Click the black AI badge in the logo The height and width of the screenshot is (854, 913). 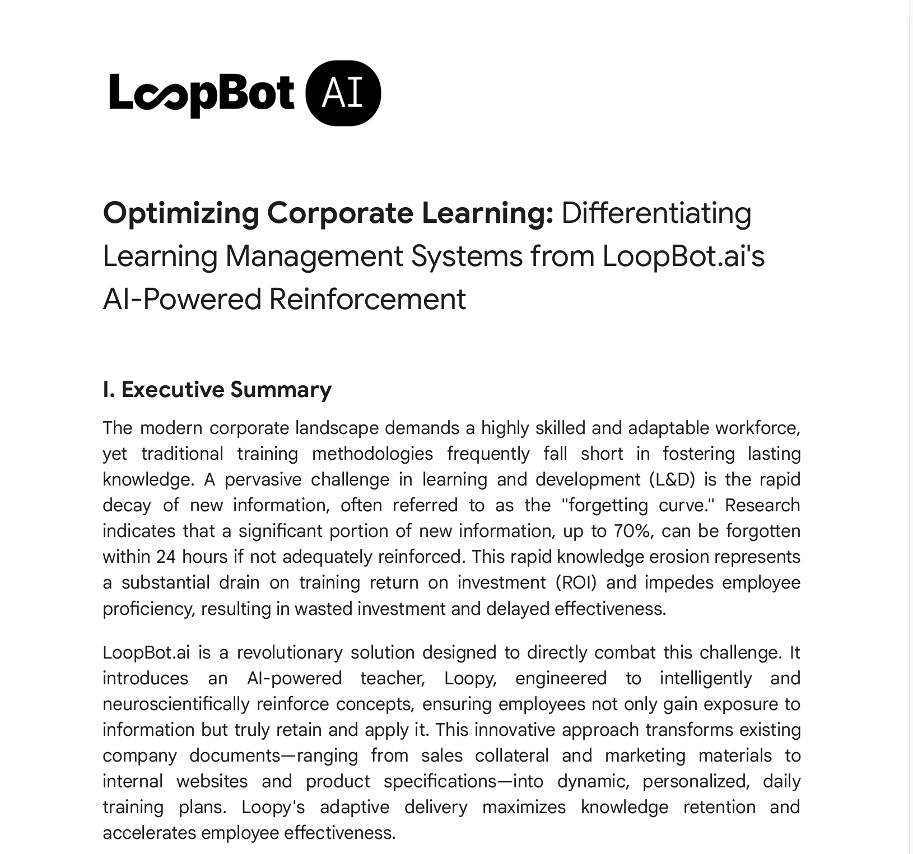click(343, 93)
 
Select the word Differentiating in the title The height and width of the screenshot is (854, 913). click(656, 213)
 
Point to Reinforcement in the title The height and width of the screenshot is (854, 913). click(367, 299)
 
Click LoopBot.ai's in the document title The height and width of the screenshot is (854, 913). click(683, 256)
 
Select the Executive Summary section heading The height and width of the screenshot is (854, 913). click(217, 390)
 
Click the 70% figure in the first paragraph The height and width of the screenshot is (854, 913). click(632, 531)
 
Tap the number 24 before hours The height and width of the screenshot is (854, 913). click(166, 557)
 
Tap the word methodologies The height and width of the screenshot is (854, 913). click(372, 454)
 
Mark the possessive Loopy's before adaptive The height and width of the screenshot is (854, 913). click(273, 807)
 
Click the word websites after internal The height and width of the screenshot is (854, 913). click(212, 781)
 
